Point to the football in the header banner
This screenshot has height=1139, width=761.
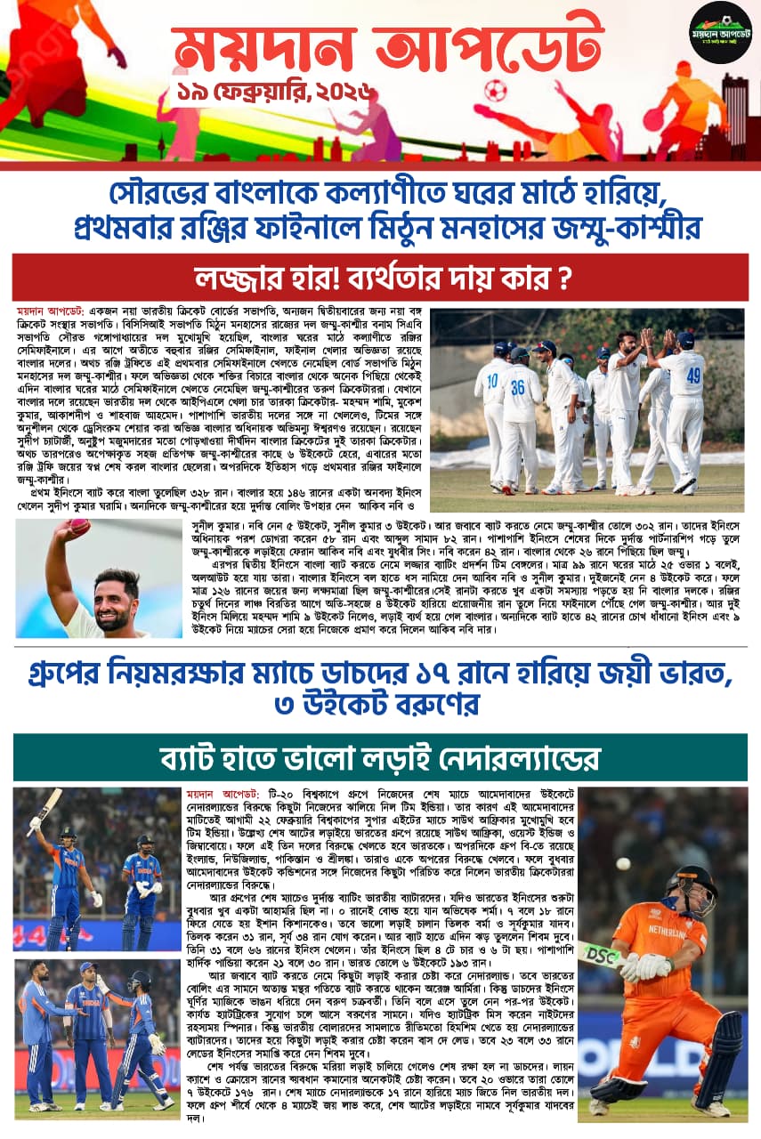pos(495,91)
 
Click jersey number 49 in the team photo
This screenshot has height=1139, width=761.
pos(694,376)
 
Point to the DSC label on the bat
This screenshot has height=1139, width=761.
pos(602,955)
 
